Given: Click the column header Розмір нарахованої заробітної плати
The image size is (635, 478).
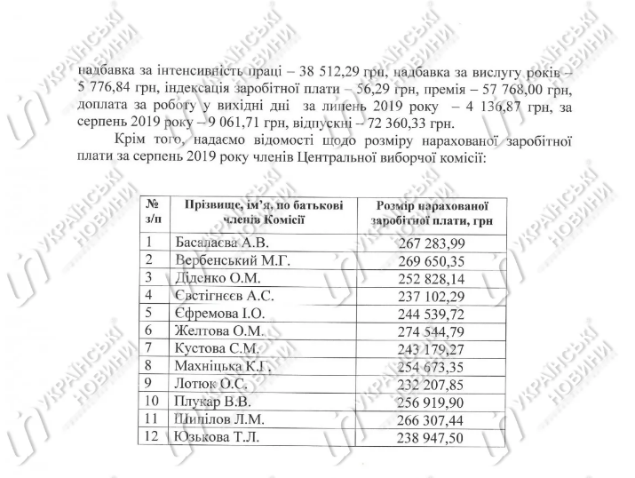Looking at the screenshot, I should (x=432, y=213).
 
